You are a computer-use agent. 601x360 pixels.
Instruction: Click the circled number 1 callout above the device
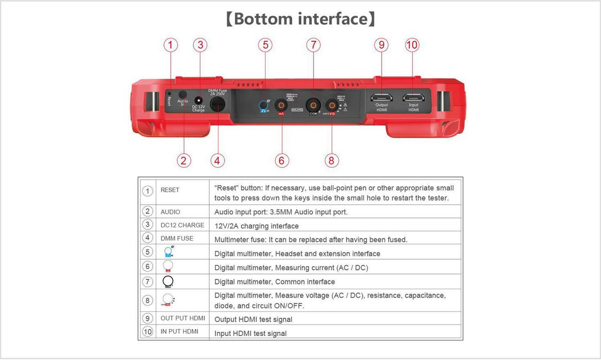coord(171,45)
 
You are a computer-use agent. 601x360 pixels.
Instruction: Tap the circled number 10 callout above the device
coord(412,45)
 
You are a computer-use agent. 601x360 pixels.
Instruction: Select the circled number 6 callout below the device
coord(281,160)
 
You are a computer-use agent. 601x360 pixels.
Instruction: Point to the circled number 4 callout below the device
coord(217,160)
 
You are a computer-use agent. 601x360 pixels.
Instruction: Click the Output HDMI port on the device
coord(381,97)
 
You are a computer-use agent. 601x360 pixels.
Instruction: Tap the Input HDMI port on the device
coord(413,97)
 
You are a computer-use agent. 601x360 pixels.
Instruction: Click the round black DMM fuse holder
coord(217,105)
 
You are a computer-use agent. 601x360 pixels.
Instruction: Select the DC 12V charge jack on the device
coord(198,100)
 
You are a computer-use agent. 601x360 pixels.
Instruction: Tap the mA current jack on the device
coord(281,105)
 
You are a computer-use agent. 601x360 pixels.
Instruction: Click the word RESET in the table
coord(170,190)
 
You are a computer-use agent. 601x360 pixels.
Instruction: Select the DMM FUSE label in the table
coord(177,239)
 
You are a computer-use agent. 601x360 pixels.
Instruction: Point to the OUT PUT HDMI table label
coord(183,318)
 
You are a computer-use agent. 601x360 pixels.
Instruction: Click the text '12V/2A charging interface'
coord(256,226)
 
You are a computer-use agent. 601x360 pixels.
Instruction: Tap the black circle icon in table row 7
coord(168,281)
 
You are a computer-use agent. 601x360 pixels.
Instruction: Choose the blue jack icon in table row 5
coord(168,252)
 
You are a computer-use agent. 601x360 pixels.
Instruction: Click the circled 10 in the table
coord(148,332)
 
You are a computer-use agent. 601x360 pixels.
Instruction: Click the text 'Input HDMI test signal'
coord(250,333)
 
